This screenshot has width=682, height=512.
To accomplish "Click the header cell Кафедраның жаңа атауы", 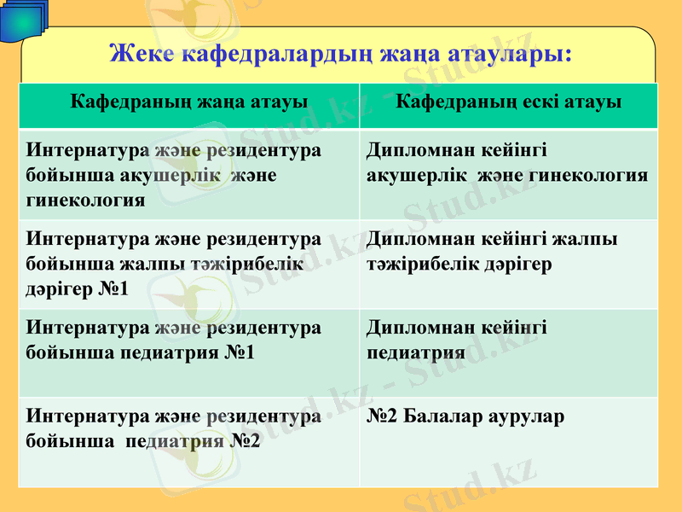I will pyautogui.click(x=189, y=102).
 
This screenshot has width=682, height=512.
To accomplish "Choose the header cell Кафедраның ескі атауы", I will pyautogui.click(x=509, y=102).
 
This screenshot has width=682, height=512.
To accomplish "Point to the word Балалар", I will pyautogui.click(x=448, y=417).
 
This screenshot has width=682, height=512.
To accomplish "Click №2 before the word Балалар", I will pyautogui.click(x=384, y=417).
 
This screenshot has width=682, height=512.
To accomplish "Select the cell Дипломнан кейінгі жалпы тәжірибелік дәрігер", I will pyautogui.click(x=492, y=252).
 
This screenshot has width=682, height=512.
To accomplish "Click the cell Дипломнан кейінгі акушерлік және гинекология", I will pyautogui.click(x=506, y=163).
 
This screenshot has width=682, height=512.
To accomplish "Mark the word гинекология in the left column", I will pyautogui.click(x=85, y=200).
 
